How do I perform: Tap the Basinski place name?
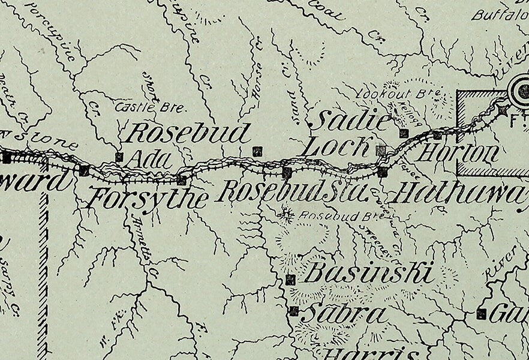pos(369,274)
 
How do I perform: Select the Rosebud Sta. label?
pos(292,192)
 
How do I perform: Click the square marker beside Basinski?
pos(291,280)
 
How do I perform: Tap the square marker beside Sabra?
pos(294,311)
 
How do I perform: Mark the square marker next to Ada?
pos(119,157)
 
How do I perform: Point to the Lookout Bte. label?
pos(398,94)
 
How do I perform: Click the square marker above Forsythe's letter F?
pos(85,170)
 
